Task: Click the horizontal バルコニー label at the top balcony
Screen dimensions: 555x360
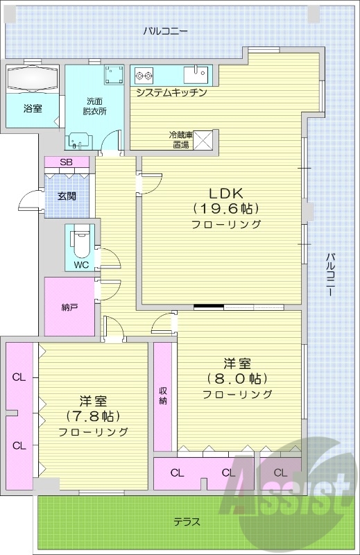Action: pyautogui.click(x=166, y=31)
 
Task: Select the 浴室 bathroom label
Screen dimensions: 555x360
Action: pyautogui.click(x=32, y=108)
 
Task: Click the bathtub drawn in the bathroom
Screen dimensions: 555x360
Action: pyautogui.click(x=33, y=78)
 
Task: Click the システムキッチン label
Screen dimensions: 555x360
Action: pyautogui.click(x=171, y=92)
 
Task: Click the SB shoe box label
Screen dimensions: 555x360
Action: pyautogui.click(x=66, y=162)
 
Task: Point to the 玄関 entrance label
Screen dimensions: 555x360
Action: pyautogui.click(x=66, y=196)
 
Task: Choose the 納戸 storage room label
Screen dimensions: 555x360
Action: pyautogui.click(x=69, y=306)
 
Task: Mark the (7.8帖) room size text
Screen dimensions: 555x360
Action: pyautogui.click(x=93, y=416)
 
